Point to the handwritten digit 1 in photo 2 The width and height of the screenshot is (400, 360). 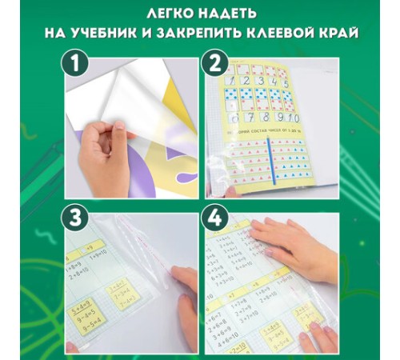(232, 85)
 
